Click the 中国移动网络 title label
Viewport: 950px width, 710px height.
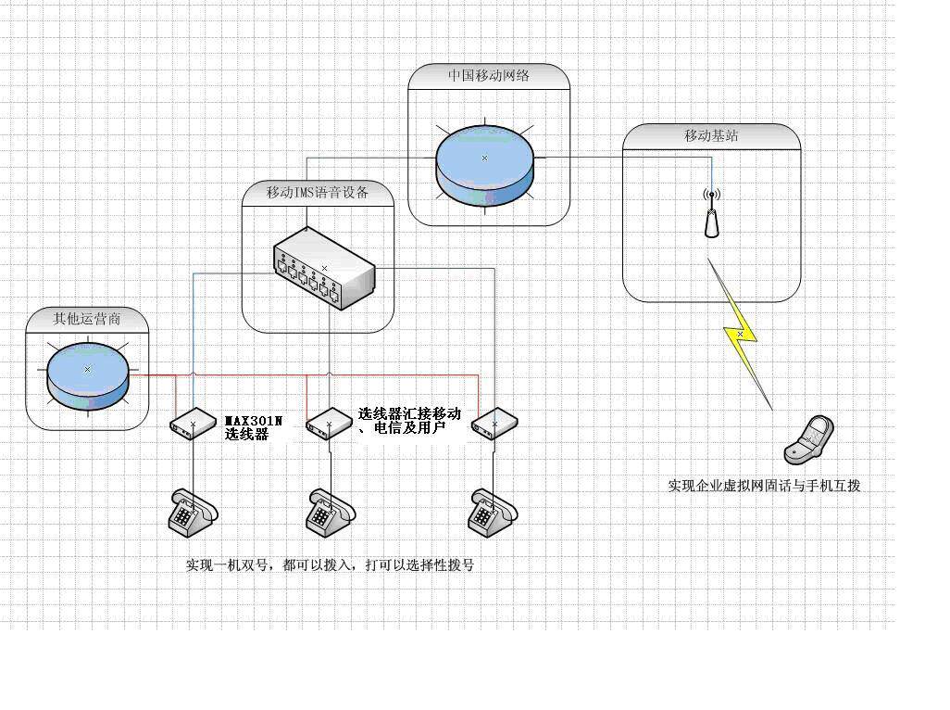[488, 76]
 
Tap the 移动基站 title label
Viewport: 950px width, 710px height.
[711, 135]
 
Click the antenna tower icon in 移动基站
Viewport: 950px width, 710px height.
[711, 214]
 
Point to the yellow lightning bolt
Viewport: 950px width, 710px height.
[740, 334]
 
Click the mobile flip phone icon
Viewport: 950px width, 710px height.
[808, 439]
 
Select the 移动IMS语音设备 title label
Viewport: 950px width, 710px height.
[318, 193]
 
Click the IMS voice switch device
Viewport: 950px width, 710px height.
[323, 270]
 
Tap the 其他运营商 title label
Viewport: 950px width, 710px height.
[87, 319]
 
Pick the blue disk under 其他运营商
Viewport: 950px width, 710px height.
[87, 374]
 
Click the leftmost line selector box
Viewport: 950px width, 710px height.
[193, 425]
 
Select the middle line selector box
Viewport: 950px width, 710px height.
[328, 425]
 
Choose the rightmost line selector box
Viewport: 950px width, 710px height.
[494, 424]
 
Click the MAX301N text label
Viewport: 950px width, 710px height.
[254, 420]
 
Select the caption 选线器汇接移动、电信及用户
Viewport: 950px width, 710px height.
[408, 421]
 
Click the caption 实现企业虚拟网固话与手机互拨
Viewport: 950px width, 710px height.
[764, 486]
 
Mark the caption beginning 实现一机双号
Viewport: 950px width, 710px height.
[330, 564]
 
